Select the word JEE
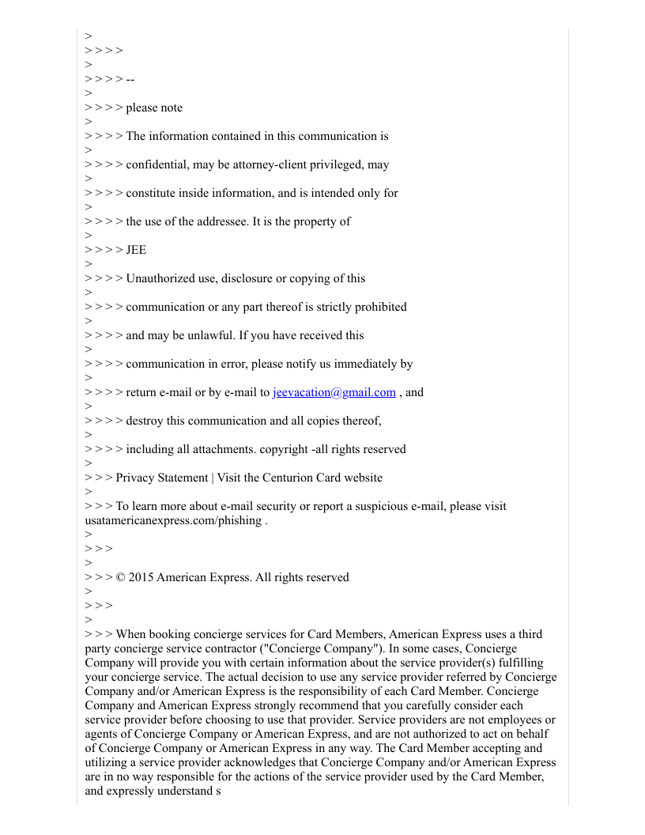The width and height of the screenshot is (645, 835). pyautogui.click(x=136, y=250)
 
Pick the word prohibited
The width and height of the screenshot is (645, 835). pyautogui.click(x=377, y=307)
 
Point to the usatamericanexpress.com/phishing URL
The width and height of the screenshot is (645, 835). pyautogui.click(x=173, y=520)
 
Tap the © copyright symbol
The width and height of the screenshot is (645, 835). pyautogui.click(x=120, y=577)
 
